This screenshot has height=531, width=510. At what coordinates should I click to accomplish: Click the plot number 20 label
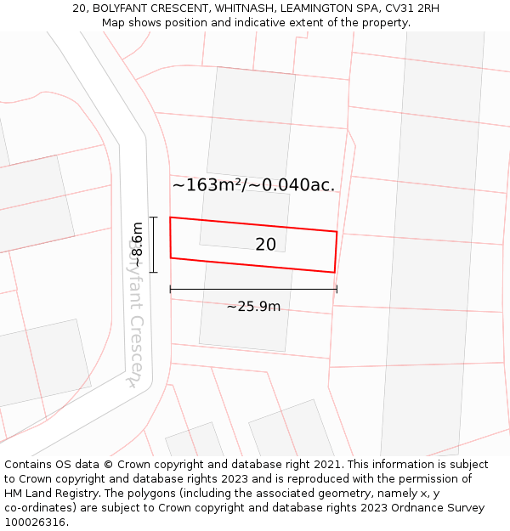click(x=265, y=245)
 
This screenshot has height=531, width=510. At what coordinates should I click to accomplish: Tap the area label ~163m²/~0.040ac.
click(x=253, y=185)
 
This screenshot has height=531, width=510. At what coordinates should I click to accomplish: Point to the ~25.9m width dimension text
click(x=253, y=307)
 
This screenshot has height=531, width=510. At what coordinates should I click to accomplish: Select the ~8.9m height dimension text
click(x=137, y=245)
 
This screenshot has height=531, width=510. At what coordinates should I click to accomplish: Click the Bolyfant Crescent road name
click(x=137, y=314)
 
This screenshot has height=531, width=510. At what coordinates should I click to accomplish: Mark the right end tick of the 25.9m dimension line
click(x=337, y=290)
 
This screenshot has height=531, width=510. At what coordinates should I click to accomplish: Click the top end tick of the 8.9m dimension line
click(x=154, y=217)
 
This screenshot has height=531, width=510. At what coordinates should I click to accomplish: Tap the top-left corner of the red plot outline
click(x=170, y=217)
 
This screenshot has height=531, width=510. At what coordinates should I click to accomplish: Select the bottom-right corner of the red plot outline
click(x=334, y=273)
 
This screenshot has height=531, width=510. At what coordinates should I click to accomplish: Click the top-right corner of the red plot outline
click(x=337, y=231)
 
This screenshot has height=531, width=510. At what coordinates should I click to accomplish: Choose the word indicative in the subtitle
click(x=267, y=23)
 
